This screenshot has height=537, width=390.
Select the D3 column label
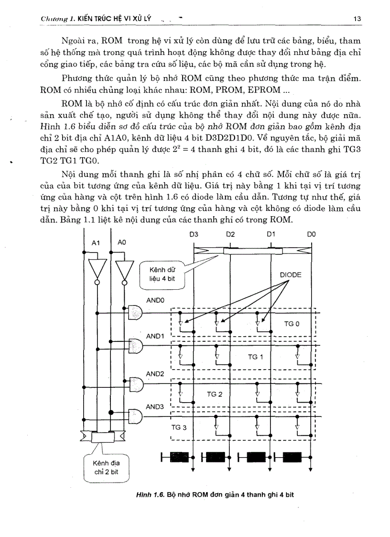[194, 234]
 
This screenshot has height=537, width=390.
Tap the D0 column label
[311, 234]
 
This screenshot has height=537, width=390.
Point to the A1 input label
[96, 243]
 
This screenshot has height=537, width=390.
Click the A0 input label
[122, 243]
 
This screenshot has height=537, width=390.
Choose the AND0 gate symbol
[136, 313]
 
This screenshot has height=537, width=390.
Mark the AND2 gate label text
[155, 373]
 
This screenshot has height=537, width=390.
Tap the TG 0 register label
[292, 324]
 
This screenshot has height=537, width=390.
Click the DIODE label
[291, 275]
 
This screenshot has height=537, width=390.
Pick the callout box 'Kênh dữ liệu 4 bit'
[160, 275]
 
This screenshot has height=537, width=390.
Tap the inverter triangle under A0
[124, 271]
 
